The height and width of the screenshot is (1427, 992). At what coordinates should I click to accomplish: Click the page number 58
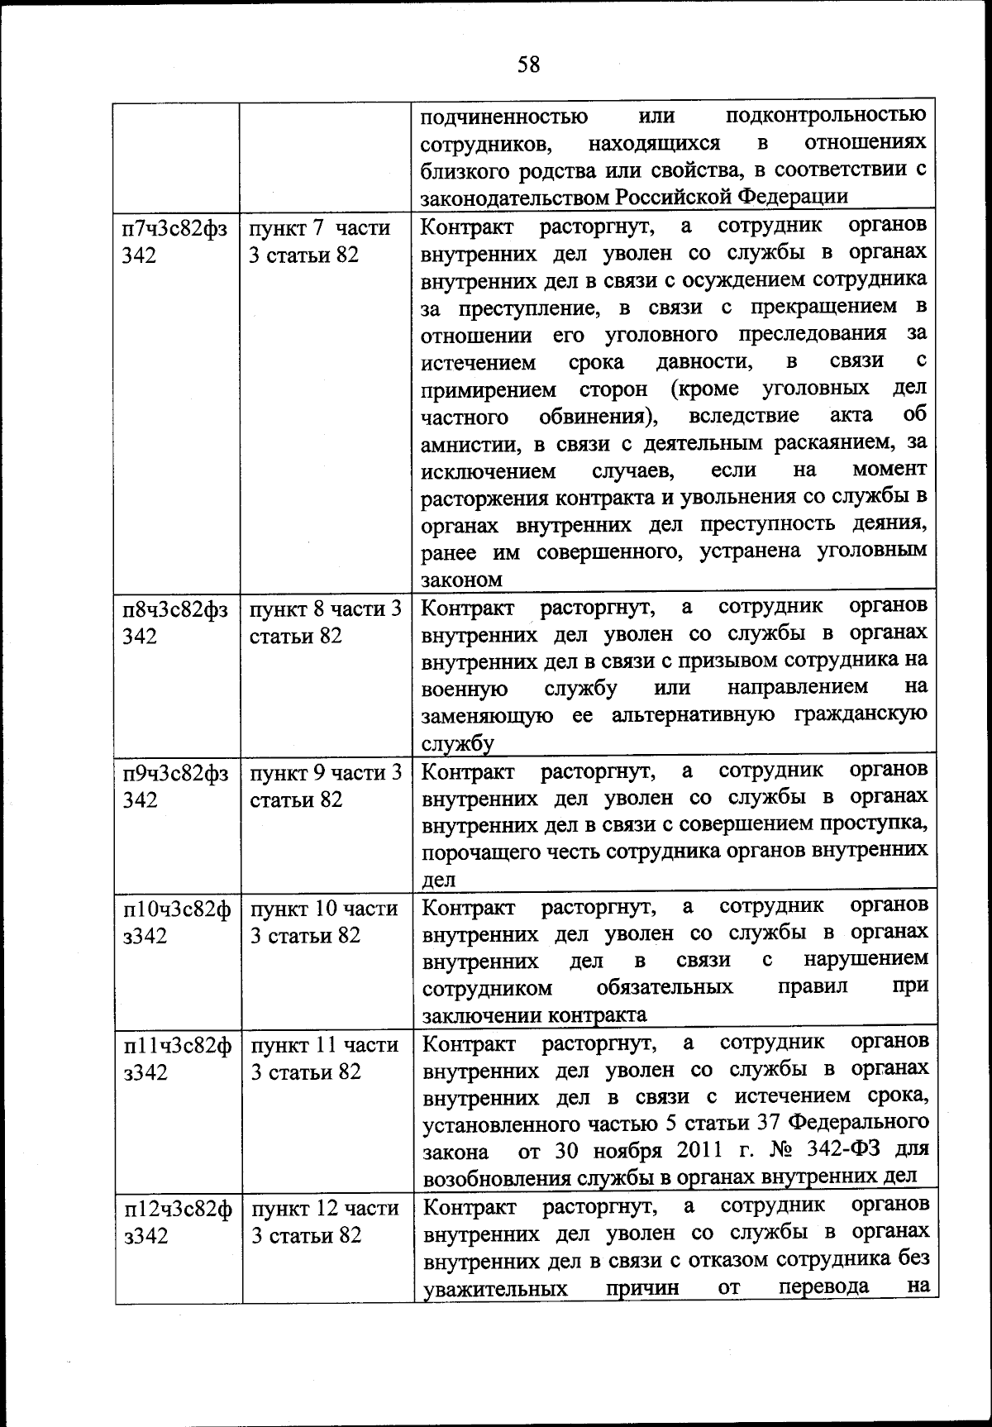[x=528, y=64]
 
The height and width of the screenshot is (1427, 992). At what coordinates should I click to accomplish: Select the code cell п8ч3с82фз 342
[x=175, y=623]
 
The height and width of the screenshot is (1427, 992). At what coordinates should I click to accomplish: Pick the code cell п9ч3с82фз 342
[x=175, y=786]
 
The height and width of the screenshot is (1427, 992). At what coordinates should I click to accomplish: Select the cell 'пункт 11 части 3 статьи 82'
[x=325, y=1058]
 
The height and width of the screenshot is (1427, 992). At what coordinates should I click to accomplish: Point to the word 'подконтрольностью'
[x=827, y=115]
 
